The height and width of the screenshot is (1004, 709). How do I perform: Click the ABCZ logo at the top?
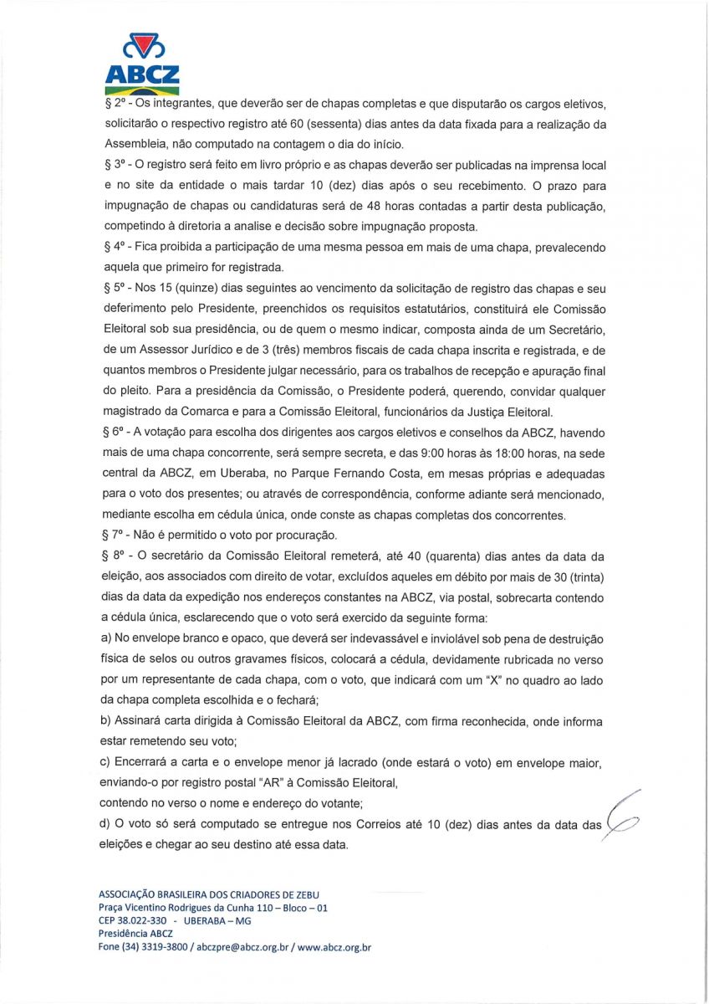pyautogui.click(x=142, y=64)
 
